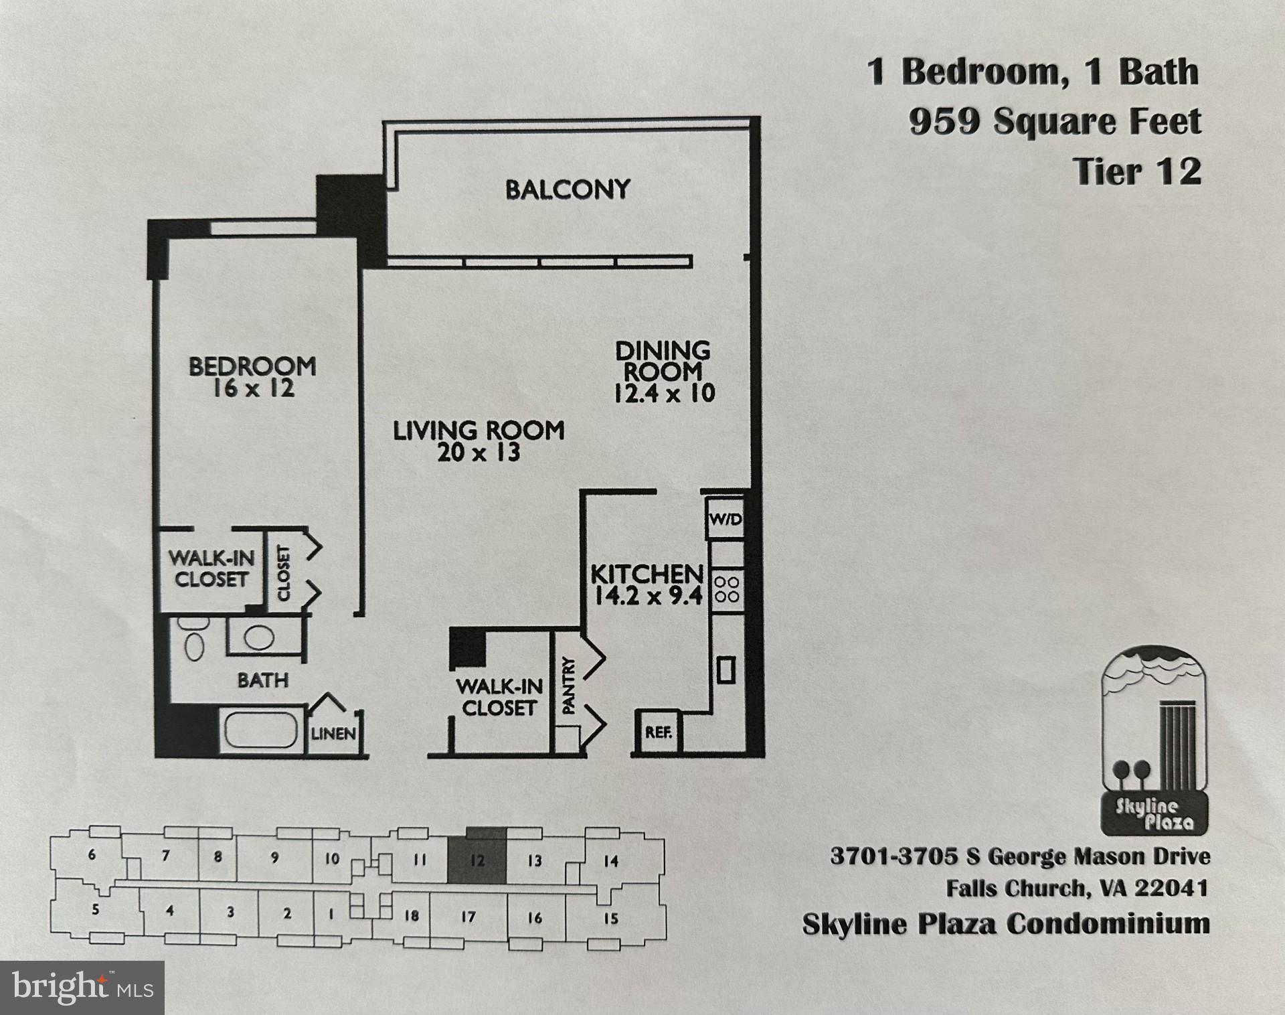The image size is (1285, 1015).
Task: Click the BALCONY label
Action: point(568,189)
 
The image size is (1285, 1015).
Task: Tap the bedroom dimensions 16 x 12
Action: point(253,389)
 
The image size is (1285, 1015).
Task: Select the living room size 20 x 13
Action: point(479,453)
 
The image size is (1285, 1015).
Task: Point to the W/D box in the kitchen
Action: point(725,519)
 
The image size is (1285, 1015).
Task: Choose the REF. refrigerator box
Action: point(657,732)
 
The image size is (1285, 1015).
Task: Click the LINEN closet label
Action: point(333,734)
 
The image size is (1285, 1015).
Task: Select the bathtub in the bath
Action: point(261,730)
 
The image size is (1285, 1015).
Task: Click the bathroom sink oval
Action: point(258,637)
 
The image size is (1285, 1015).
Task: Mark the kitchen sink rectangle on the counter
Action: point(726,670)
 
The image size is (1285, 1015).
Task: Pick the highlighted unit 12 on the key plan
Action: point(477,860)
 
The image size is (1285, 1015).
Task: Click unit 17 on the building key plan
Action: point(468,917)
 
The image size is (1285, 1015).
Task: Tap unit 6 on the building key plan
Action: point(92,855)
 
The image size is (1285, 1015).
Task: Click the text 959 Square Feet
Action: point(1055,122)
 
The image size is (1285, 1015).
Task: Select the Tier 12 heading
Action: point(1137,171)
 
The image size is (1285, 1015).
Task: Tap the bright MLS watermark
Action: point(82,988)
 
